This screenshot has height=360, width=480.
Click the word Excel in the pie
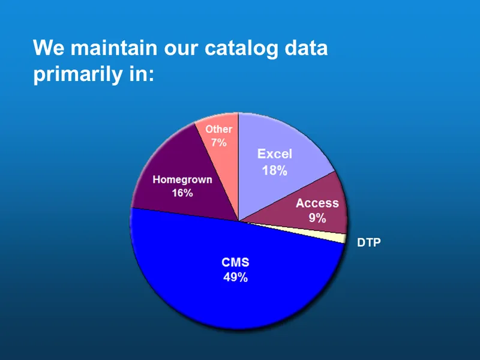(x=274, y=154)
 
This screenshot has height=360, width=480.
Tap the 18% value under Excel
(x=274, y=170)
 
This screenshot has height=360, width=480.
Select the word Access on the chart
(x=317, y=203)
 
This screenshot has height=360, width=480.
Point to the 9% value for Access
(x=317, y=218)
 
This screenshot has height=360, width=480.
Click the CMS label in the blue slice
(x=235, y=263)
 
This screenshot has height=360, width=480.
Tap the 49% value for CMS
(x=235, y=278)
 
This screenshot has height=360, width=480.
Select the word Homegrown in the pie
(x=182, y=179)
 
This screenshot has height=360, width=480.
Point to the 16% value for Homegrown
(x=182, y=193)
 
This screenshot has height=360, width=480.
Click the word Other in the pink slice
(x=218, y=129)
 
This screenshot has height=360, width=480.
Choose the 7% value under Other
(x=218, y=143)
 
